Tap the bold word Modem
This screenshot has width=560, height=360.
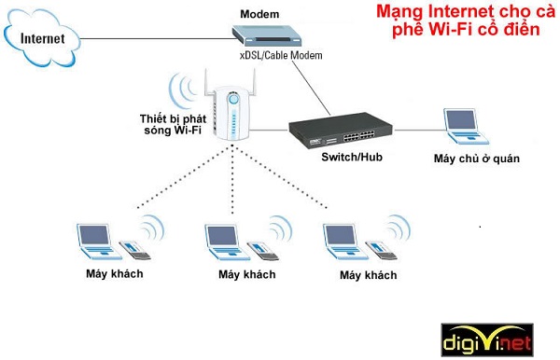259,14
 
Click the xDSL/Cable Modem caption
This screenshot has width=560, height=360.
280,57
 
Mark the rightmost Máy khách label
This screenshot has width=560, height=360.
368,275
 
